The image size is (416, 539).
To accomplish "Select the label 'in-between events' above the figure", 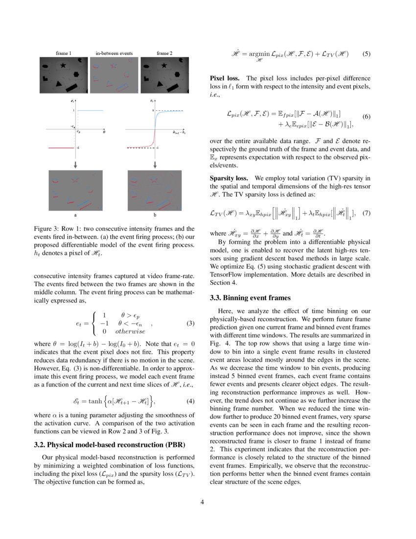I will pos(114,52).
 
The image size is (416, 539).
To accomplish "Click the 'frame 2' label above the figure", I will pos(164,52).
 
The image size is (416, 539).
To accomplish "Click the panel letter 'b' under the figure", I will pos(155,215).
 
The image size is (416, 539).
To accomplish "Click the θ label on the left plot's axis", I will pos(104,132).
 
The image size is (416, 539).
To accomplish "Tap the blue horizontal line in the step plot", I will pos(91,111).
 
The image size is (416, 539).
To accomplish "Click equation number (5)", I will pos(366,54).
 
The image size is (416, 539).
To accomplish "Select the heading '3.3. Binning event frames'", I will pos(250,297).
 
